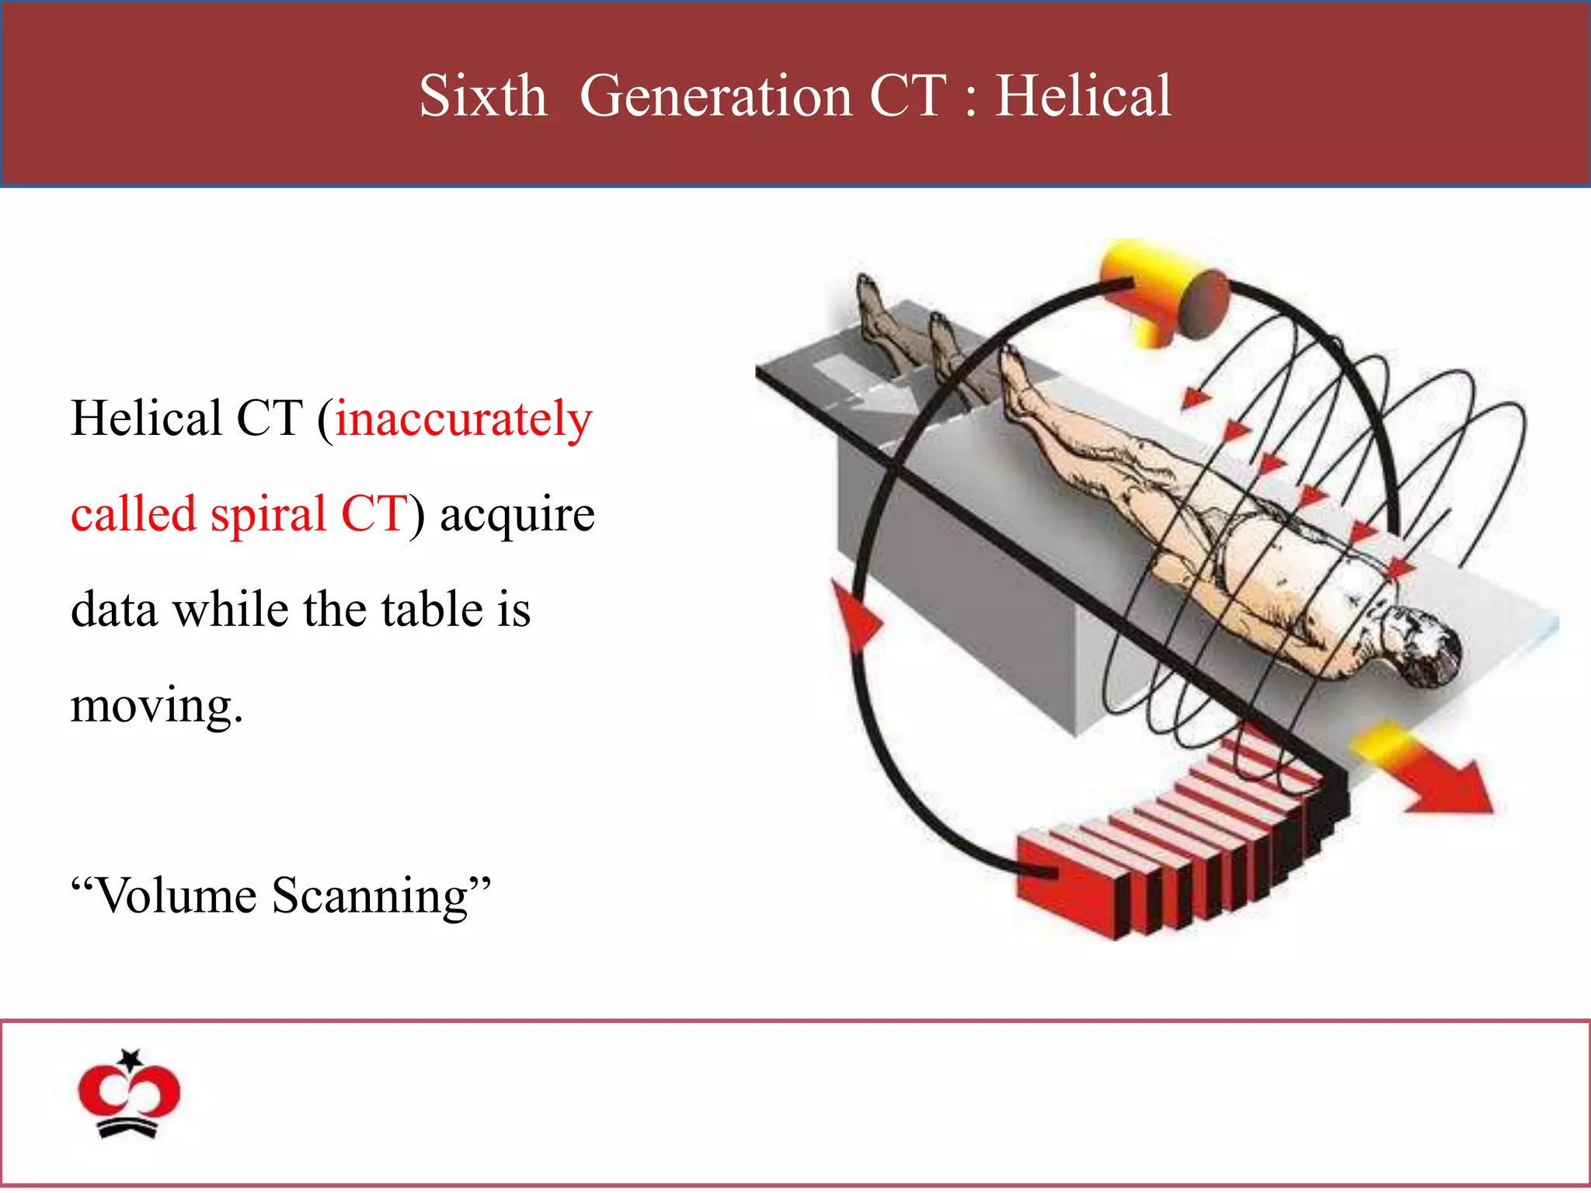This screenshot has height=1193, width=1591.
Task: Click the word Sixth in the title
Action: pyautogui.click(x=482, y=96)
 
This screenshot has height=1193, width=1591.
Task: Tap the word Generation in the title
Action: pyautogui.click(x=715, y=96)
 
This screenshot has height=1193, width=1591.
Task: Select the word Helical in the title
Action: pyautogui.click(x=1083, y=96)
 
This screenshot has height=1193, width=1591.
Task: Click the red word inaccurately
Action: pyautogui.click(x=464, y=420)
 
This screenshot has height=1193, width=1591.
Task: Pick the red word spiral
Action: pyautogui.click(x=268, y=515)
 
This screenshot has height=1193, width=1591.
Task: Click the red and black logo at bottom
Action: pyautogui.click(x=129, y=1095)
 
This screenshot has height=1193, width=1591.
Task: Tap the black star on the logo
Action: pyautogui.click(x=131, y=1058)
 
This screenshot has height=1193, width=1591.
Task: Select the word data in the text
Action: pyautogui.click(x=113, y=610)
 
